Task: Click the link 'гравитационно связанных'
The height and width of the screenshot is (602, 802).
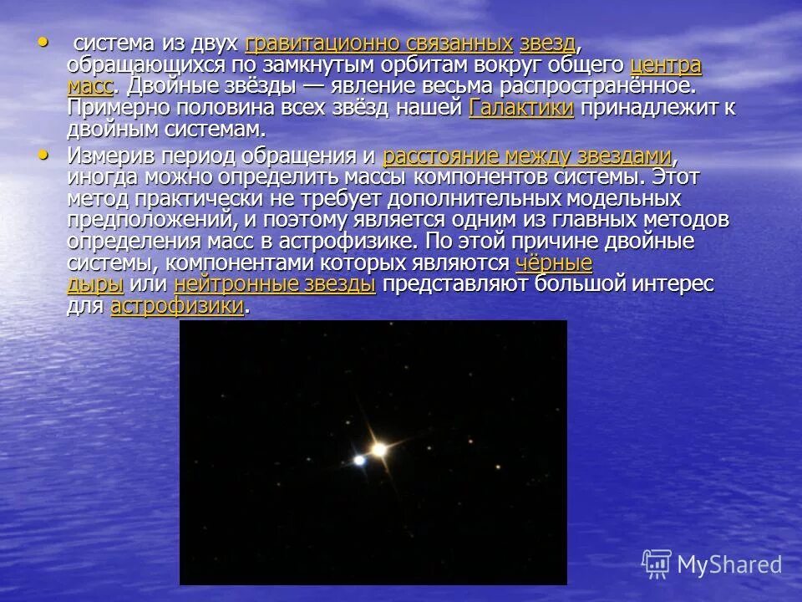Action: click(x=378, y=44)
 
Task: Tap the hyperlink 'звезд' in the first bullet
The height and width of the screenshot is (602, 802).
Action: click(x=547, y=44)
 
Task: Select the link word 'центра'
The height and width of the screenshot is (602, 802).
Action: click(x=666, y=66)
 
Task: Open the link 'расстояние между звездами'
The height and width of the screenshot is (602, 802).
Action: click(x=527, y=156)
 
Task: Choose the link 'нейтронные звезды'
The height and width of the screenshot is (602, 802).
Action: click(x=275, y=284)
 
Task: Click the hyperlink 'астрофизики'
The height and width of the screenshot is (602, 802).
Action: click(x=177, y=306)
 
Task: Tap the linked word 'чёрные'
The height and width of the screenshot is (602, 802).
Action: click(x=554, y=263)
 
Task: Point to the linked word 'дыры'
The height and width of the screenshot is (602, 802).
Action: click(x=95, y=284)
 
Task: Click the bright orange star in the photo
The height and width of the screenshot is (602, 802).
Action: click(x=378, y=450)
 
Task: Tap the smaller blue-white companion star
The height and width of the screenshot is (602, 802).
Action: click(x=359, y=459)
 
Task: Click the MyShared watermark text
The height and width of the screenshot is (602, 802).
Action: click(x=728, y=564)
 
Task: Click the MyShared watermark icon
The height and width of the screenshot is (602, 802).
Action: click(x=657, y=564)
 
